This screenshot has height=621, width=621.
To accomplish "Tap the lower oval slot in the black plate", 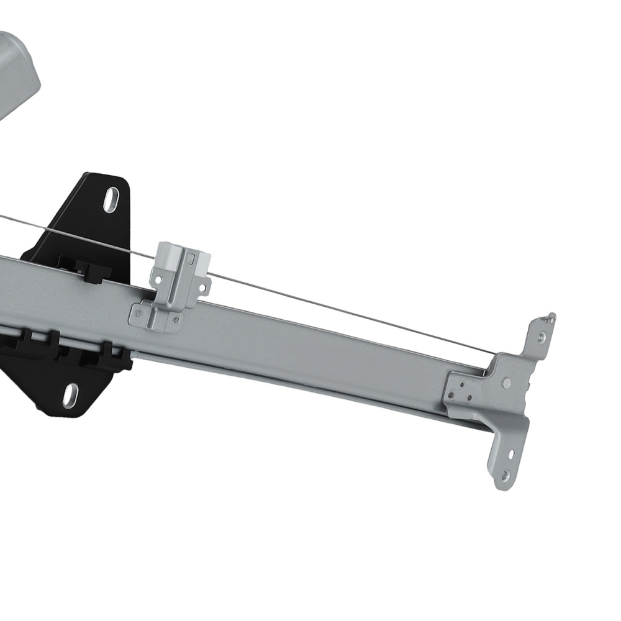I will [71, 396].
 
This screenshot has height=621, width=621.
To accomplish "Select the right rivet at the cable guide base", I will [178, 320].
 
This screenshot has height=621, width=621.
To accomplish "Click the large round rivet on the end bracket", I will [507, 384].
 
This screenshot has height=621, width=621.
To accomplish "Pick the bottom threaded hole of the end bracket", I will [505, 476].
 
